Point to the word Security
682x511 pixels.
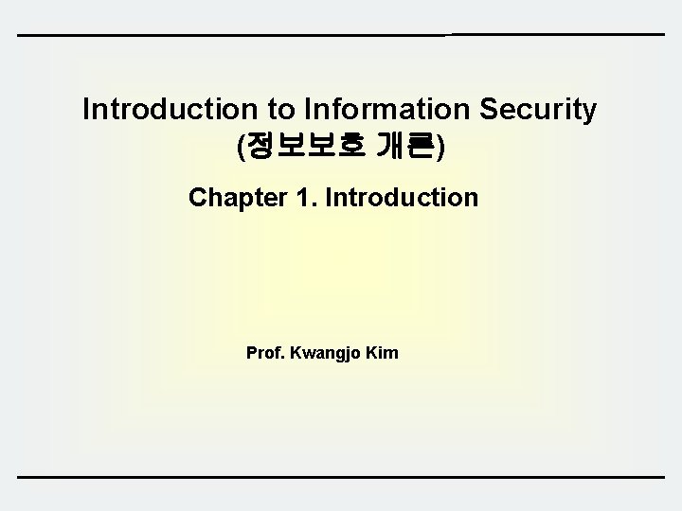click(x=539, y=109)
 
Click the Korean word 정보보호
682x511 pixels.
click(x=305, y=146)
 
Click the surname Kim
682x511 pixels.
click(x=382, y=353)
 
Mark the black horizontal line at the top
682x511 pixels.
click(x=341, y=35)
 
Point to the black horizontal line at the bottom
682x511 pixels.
click(x=341, y=477)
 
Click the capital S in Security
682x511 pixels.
click(x=490, y=109)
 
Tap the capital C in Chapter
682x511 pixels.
click(x=197, y=198)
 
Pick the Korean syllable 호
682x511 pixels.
click(x=350, y=146)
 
